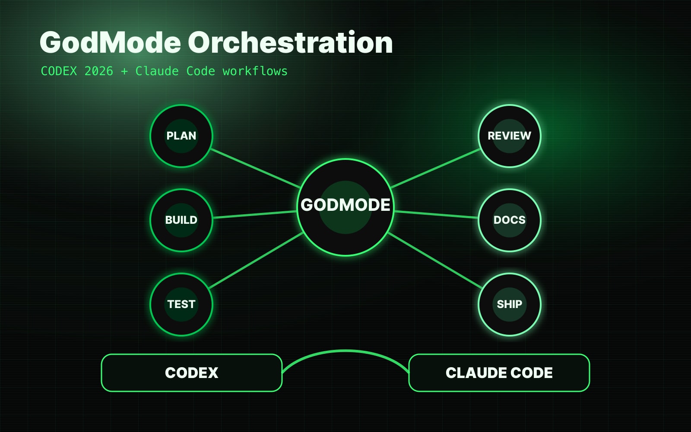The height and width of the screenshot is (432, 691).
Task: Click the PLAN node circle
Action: click(x=181, y=136)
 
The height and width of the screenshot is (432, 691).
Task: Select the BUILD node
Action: click(x=181, y=220)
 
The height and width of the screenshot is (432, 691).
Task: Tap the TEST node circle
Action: click(x=181, y=305)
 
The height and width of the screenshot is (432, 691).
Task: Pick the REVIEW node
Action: click(x=510, y=136)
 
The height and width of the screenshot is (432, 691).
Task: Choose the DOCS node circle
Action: click(x=510, y=220)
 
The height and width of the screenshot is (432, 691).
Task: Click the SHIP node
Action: click(x=510, y=305)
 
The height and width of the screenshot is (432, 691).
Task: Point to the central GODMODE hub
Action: click(x=345, y=207)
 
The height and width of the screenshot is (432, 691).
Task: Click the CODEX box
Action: click(x=192, y=373)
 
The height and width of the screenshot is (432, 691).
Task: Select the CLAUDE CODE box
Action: click(x=499, y=373)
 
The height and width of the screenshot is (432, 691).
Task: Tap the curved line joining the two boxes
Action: click(x=345, y=351)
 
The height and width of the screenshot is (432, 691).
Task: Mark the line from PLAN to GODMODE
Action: click(x=255, y=168)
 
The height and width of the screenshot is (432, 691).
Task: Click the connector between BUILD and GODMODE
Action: click(x=255, y=214)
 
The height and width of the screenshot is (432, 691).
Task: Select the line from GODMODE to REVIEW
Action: click(x=435, y=168)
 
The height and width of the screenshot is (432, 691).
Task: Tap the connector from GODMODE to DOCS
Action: click(x=436, y=214)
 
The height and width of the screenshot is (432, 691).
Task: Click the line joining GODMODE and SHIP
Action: click(x=435, y=260)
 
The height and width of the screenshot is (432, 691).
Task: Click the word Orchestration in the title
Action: click(x=290, y=42)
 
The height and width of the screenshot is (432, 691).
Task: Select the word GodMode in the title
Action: click(x=110, y=42)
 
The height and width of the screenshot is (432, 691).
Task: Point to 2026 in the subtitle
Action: click(x=99, y=71)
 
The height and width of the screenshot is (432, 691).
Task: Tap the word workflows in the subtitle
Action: click(x=255, y=71)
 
